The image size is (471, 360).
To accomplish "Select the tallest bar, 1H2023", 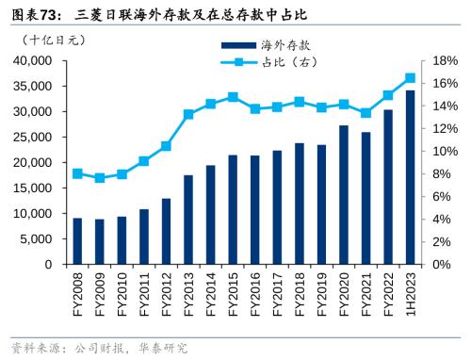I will click(410, 177).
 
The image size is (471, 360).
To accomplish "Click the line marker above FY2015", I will click(233, 97).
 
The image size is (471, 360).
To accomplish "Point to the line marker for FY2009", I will click(100, 177).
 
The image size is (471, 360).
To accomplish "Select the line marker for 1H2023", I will click(410, 78).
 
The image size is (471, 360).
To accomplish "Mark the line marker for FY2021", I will click(365, 113).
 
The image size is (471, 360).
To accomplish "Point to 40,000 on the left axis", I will click(34, 60).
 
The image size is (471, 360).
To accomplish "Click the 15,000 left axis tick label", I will click(34, 188).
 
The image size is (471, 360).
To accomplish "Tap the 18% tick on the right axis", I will click(445, 60).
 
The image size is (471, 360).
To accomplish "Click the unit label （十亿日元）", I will click(55, 41).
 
